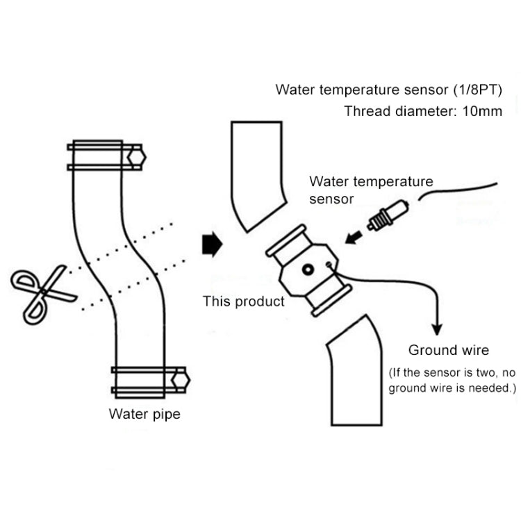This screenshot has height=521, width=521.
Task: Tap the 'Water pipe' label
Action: [x=144, y=415]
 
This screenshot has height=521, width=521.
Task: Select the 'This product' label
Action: [x=243, y=301]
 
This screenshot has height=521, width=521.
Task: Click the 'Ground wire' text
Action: [x=448, y=350]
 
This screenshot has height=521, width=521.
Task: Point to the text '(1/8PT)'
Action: [x=472, y=90]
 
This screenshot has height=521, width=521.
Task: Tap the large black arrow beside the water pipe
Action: [x=210, y=245]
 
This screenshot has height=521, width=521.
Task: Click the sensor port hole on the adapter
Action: [x=308, y=269]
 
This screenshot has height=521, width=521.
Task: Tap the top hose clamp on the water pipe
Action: [x=104, y=156]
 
